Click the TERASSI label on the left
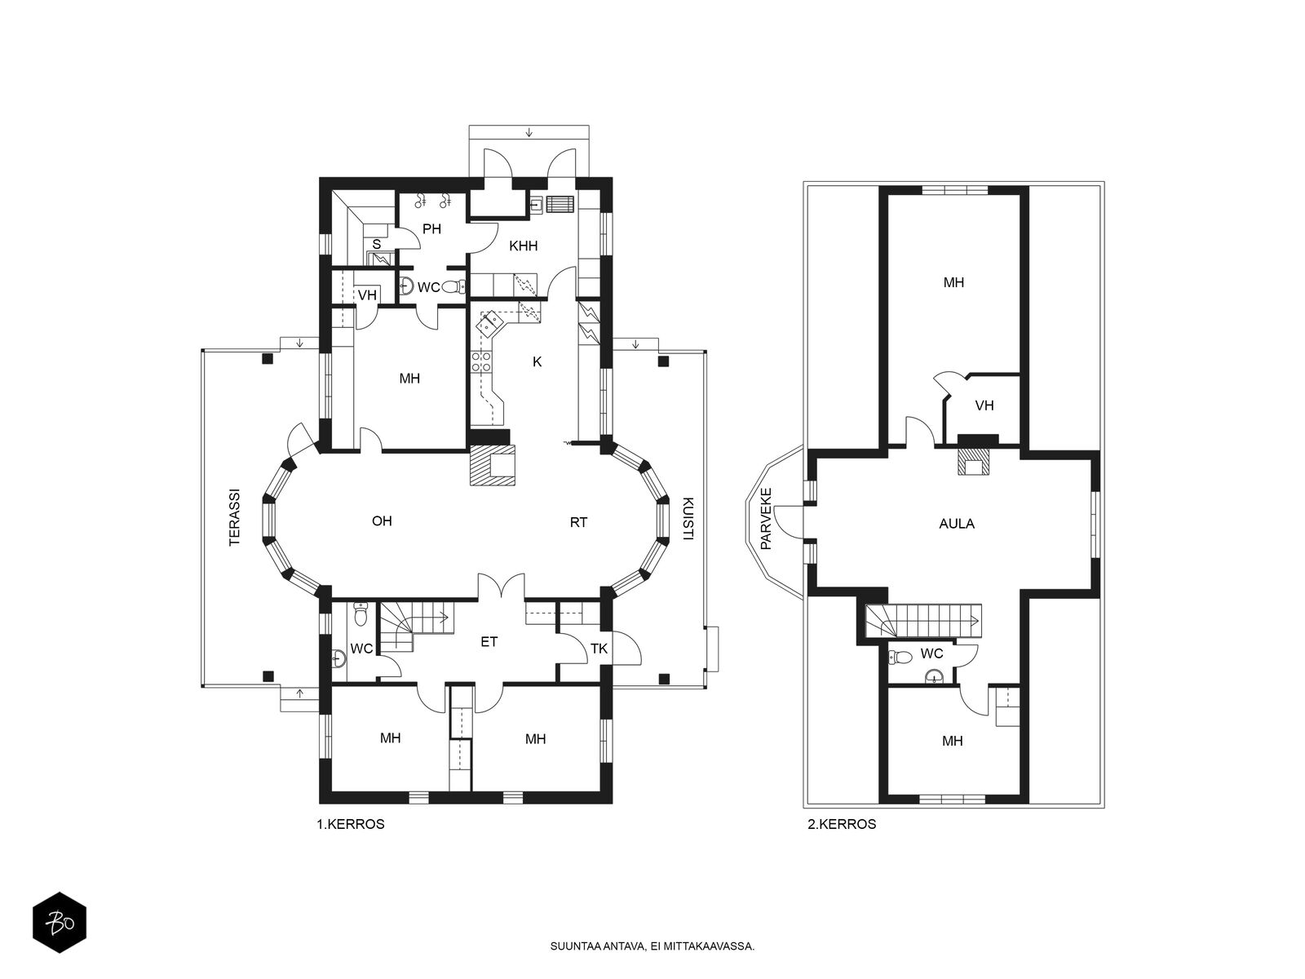236,518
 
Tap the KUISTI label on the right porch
688,518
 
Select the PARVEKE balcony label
766,518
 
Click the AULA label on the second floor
957,524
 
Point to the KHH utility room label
523,246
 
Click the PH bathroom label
431,229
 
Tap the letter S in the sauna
376,244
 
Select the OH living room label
382,521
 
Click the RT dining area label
578,522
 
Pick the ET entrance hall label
489,642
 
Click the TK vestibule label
599,649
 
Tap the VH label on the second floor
984,405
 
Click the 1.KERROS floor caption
351,824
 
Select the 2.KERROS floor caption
842,824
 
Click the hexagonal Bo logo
60,923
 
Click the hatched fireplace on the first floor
493,465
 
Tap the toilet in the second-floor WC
900,657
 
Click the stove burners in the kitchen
481,361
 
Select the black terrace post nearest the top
268,358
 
